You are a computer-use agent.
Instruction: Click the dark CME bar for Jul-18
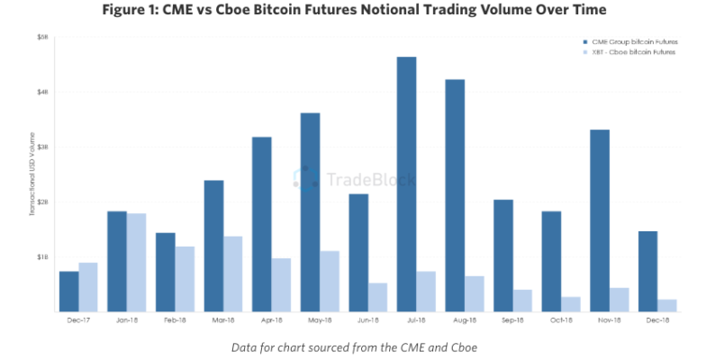[x=406, y=184]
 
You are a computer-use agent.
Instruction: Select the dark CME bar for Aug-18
[x=455, y=195]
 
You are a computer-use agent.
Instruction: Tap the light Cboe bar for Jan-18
[x=136, y=262]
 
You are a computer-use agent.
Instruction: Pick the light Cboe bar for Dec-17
[x=88, y=286]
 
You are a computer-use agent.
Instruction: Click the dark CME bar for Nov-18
[x=599, y=220]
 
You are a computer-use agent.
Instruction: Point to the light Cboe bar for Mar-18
[x=232, y=274]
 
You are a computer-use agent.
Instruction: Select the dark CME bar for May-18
[x=310, y=211]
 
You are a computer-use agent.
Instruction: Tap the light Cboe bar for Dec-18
[x=667, y=305]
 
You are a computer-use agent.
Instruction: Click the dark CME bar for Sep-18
[x=503, y=255]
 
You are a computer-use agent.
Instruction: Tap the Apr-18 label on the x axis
[x=271, y=319]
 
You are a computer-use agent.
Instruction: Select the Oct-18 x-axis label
[x=561, y=319]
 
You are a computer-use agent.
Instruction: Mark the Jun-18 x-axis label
[x=368, y=319]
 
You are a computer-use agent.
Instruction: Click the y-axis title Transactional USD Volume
[x=32, y=175]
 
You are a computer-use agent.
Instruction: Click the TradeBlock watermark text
[x=371, y=179]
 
